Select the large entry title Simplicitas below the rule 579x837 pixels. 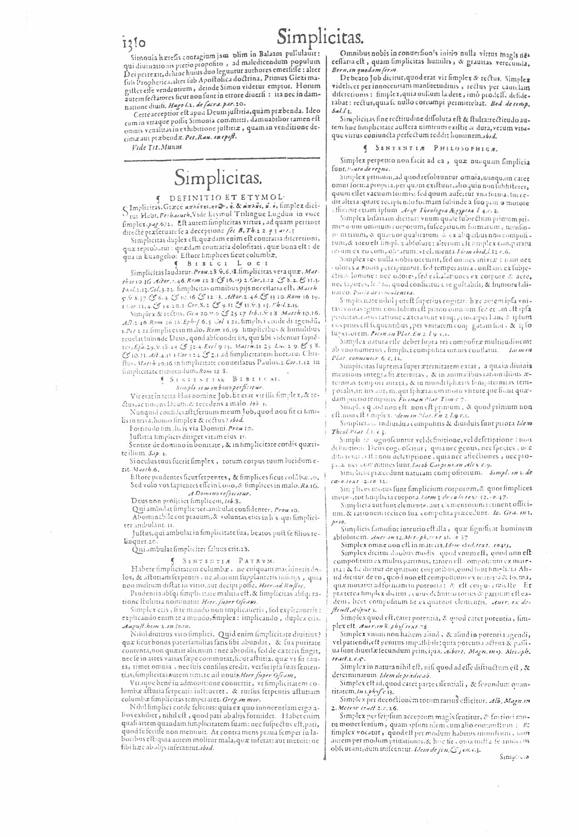(218, 176)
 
